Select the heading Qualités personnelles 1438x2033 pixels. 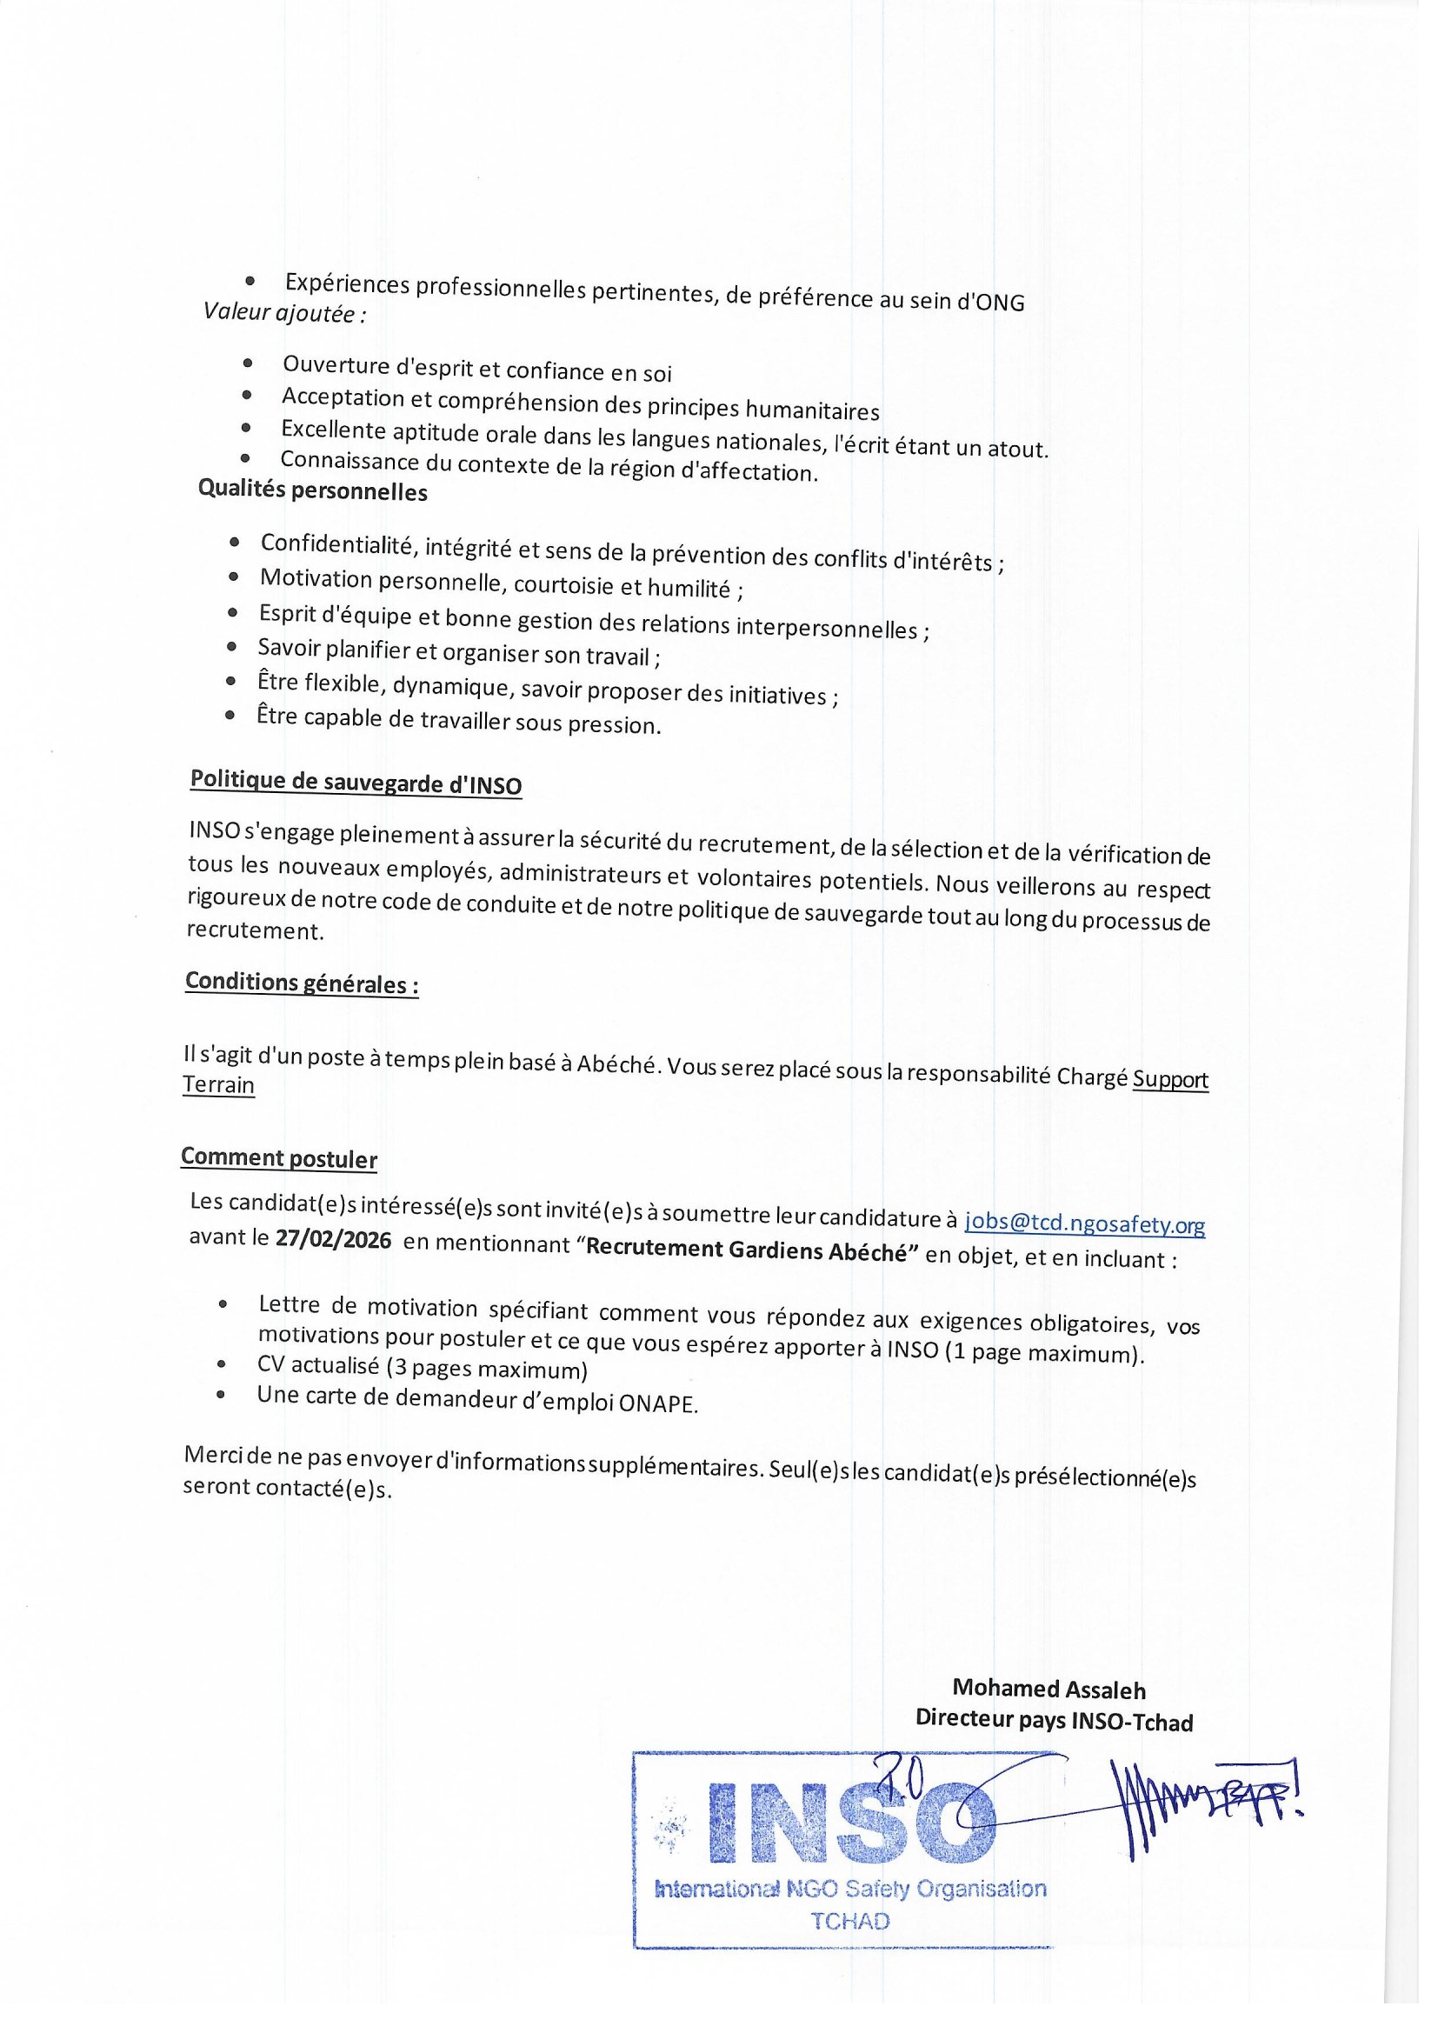click(x=313, y=490)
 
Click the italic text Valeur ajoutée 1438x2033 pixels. click(x=284, y=313)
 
